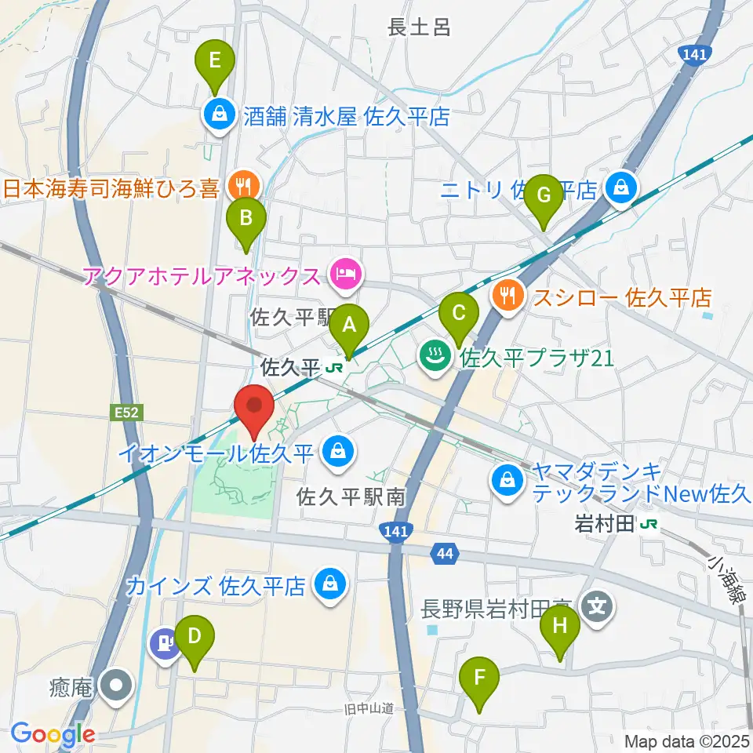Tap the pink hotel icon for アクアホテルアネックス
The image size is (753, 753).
(346, 274)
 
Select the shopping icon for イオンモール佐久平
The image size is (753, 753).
(337, 451)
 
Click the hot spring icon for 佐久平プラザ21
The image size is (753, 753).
(434, 358)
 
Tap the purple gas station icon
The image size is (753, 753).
(163, 643)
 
